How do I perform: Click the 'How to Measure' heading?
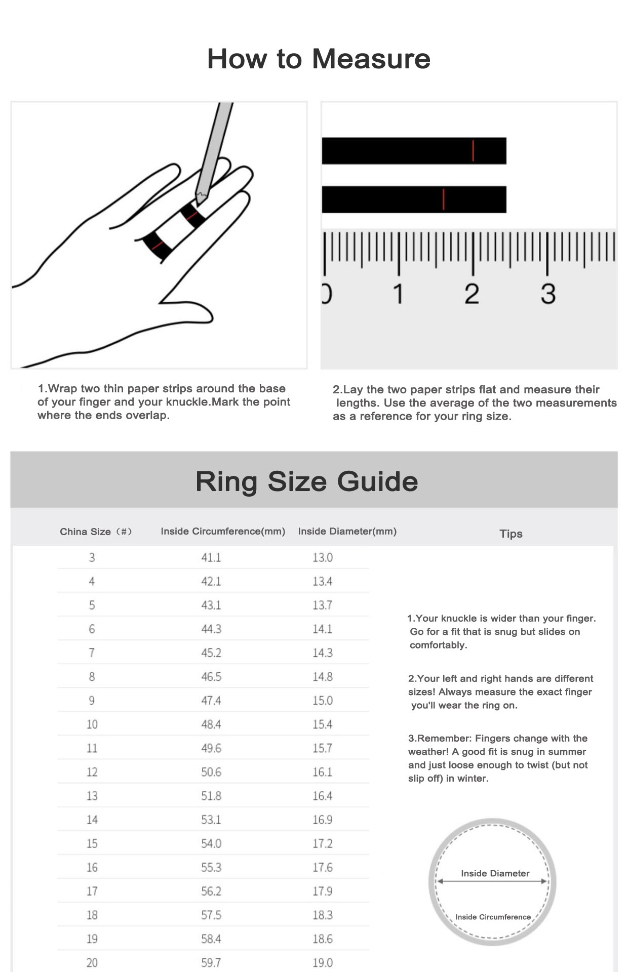click(319, 59)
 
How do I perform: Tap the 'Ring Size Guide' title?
click(307, 481)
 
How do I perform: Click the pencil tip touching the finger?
click(200, 199)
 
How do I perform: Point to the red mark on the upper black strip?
click(473, 151)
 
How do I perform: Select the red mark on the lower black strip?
click(443, 199)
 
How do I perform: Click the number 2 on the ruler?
click(472, 294)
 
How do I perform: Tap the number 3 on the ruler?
click(547, 294)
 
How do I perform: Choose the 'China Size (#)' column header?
click(96, 532)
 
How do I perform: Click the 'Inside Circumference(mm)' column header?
click(223, 531)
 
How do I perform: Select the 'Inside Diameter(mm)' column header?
click(347, 531)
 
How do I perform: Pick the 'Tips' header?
click(511, 534)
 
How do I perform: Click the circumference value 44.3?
click(211, 629)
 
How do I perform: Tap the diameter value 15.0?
click(322, 700)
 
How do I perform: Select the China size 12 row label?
click(92, 772)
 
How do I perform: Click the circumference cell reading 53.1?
click(211, 820)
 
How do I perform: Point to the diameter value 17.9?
click(322, 891)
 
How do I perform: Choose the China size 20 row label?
click(92, 962)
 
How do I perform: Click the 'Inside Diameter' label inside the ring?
click(495, 873)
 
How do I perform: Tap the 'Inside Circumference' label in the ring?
click(493, 917)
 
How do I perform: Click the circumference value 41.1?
click(211, 557)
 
